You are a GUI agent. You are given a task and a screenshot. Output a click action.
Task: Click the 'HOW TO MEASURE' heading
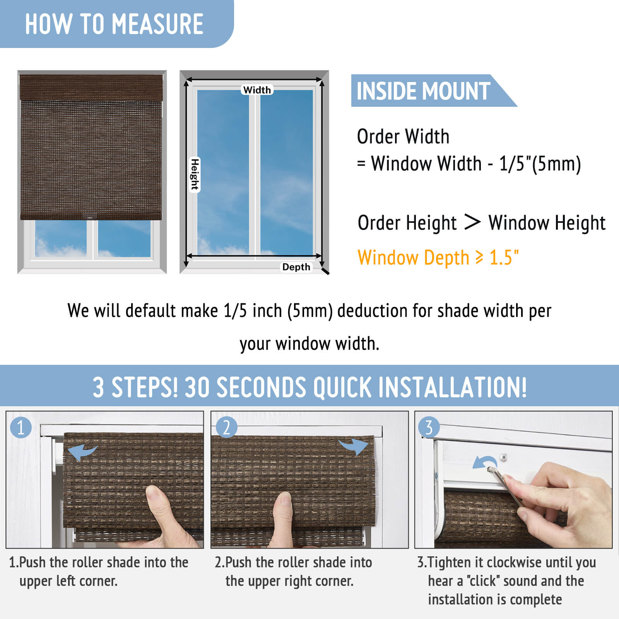114,24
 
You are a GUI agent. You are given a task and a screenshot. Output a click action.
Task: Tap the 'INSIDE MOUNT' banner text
423,91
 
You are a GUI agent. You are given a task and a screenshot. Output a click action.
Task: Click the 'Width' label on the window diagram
257,90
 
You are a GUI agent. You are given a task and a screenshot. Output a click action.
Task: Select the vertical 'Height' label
195,174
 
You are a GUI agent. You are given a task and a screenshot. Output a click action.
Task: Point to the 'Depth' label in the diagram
296,267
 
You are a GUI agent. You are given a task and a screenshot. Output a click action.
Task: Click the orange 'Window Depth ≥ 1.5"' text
438,258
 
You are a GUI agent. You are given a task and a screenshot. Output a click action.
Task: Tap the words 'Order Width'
403,137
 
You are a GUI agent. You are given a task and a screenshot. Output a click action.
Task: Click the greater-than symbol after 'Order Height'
472,222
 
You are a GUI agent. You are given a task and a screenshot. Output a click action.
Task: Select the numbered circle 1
21,427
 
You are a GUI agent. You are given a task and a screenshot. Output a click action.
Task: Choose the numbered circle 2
227,427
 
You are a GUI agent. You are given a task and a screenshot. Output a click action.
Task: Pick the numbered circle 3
429,427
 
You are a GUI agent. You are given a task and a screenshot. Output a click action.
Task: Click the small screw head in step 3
503,457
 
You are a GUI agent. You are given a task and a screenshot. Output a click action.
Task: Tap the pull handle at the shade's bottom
90,217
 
